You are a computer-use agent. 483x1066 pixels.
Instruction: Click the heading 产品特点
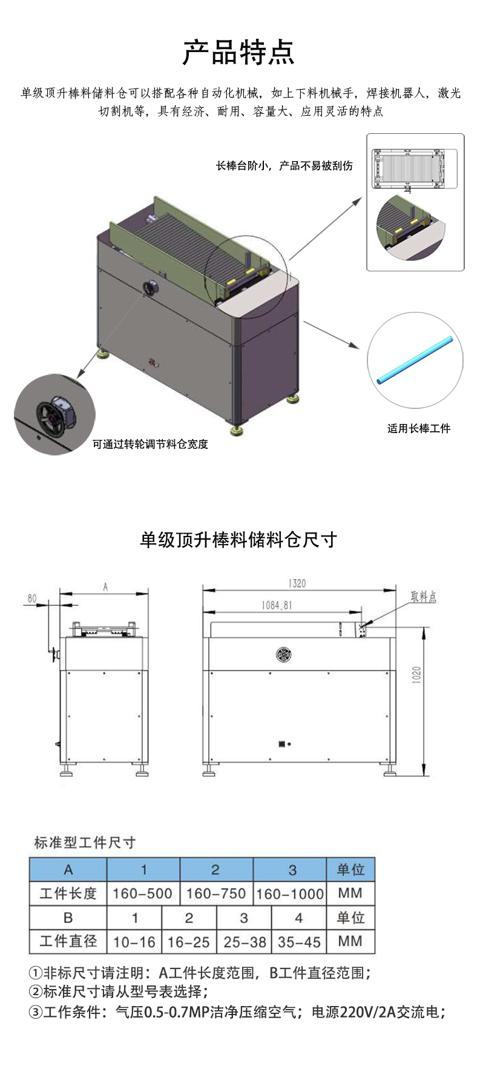tap(238, 53)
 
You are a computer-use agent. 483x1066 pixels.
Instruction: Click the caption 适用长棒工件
tap(419, 429)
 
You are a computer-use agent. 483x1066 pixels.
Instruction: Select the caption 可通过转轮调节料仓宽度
tap(150, 444)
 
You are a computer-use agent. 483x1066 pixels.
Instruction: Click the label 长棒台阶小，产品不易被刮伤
tap(284, 166)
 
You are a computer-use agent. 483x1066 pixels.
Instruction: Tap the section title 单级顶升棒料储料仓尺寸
tap(238, 540)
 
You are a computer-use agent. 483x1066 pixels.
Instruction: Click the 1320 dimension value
tap(297, 583)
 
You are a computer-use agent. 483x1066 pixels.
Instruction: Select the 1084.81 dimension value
tap(277, 605)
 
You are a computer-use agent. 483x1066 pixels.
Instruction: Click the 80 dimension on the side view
tap(32, 598)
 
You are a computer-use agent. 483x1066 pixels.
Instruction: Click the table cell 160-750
tap(216, 893)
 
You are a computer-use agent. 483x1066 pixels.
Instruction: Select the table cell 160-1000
tap(290, 893)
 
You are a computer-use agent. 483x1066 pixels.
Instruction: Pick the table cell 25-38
tap(245, 942)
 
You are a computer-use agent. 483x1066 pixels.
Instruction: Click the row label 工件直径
tap(68, 941)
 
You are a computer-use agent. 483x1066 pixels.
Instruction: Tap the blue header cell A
tap(68, 870)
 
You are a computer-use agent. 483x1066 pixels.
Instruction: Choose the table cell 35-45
tap(299, 942)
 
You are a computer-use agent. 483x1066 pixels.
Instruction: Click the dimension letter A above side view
tap(105, 586)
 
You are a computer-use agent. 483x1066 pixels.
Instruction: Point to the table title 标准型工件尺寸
tap(85, 843)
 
